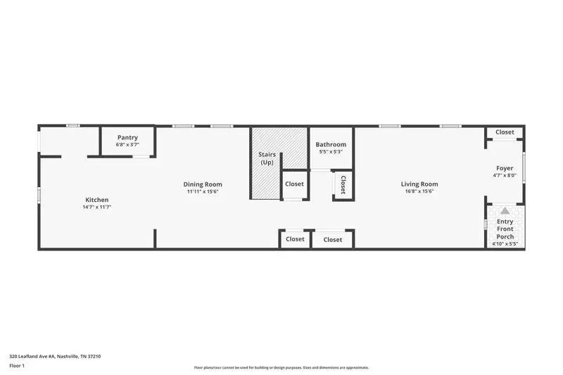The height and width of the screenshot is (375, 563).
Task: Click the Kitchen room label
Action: coord(97,199)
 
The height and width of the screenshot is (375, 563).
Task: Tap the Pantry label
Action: coord(127,137)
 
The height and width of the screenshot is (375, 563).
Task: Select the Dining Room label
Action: coord(204,184)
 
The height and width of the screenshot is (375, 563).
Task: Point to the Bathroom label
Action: coord(331,144)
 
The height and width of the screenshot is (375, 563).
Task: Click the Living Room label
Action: coord(419,184)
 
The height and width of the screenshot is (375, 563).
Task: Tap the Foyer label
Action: coord(505,168)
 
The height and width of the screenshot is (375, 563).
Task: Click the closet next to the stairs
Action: coord(294,184)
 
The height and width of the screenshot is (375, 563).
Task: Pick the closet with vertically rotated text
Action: coord(343,185)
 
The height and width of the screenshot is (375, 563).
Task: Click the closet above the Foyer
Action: coord(505,132)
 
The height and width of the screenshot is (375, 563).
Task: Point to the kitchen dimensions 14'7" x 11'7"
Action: coord(97,207)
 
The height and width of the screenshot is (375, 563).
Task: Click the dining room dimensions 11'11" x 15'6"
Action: coord(204,191)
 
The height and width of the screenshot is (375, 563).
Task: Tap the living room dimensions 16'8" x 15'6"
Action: coord(419,191)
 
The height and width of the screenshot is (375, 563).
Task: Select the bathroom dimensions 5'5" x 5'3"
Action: coord(331,151)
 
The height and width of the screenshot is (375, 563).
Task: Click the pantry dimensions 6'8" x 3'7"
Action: coord(127,144)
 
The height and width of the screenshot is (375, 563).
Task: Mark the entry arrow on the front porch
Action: coord(505,210)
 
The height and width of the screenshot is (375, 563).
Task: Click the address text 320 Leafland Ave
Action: coord(55,356)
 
